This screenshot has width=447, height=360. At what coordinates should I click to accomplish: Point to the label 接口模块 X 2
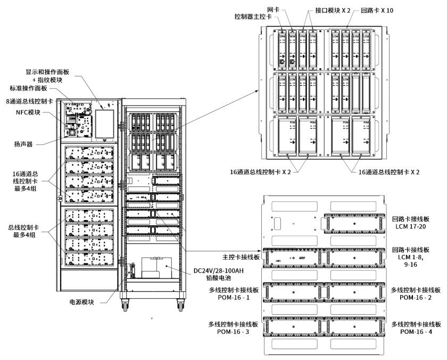pos(327,10)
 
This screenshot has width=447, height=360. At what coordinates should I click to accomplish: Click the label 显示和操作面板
pos(47,72)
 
